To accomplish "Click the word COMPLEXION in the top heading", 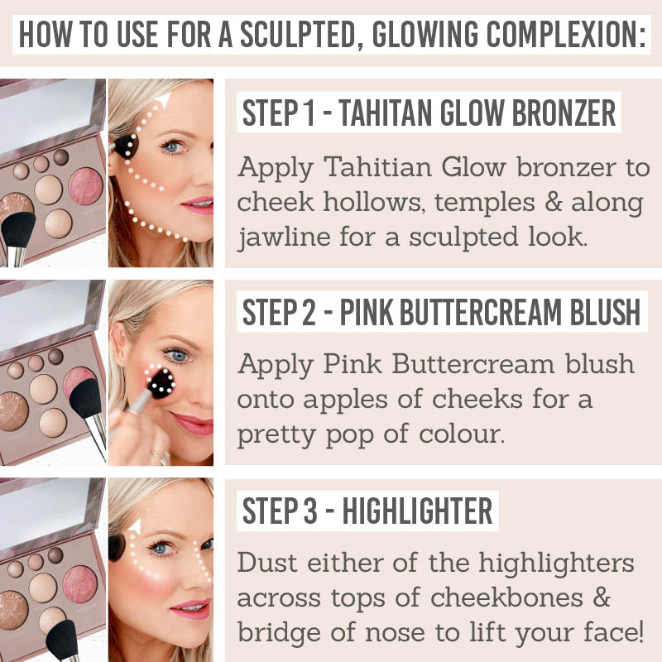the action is coord(566,34).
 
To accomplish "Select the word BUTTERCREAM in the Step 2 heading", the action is coord(481,312).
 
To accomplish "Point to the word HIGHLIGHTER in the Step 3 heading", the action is coord(417,511).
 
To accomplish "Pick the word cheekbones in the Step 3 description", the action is coord(506,597).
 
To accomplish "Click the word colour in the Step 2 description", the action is coord(462,434).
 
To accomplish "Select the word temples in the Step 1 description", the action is coord(485,203).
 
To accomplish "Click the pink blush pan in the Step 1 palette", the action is coord(86,185).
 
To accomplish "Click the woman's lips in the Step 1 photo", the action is coord(198,204).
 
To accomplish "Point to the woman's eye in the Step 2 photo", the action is coord(177,356).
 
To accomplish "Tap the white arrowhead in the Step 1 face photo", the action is coord(162,100).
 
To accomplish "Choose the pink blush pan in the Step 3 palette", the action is coord(79,584).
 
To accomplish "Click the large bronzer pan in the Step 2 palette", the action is coord(13,411).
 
